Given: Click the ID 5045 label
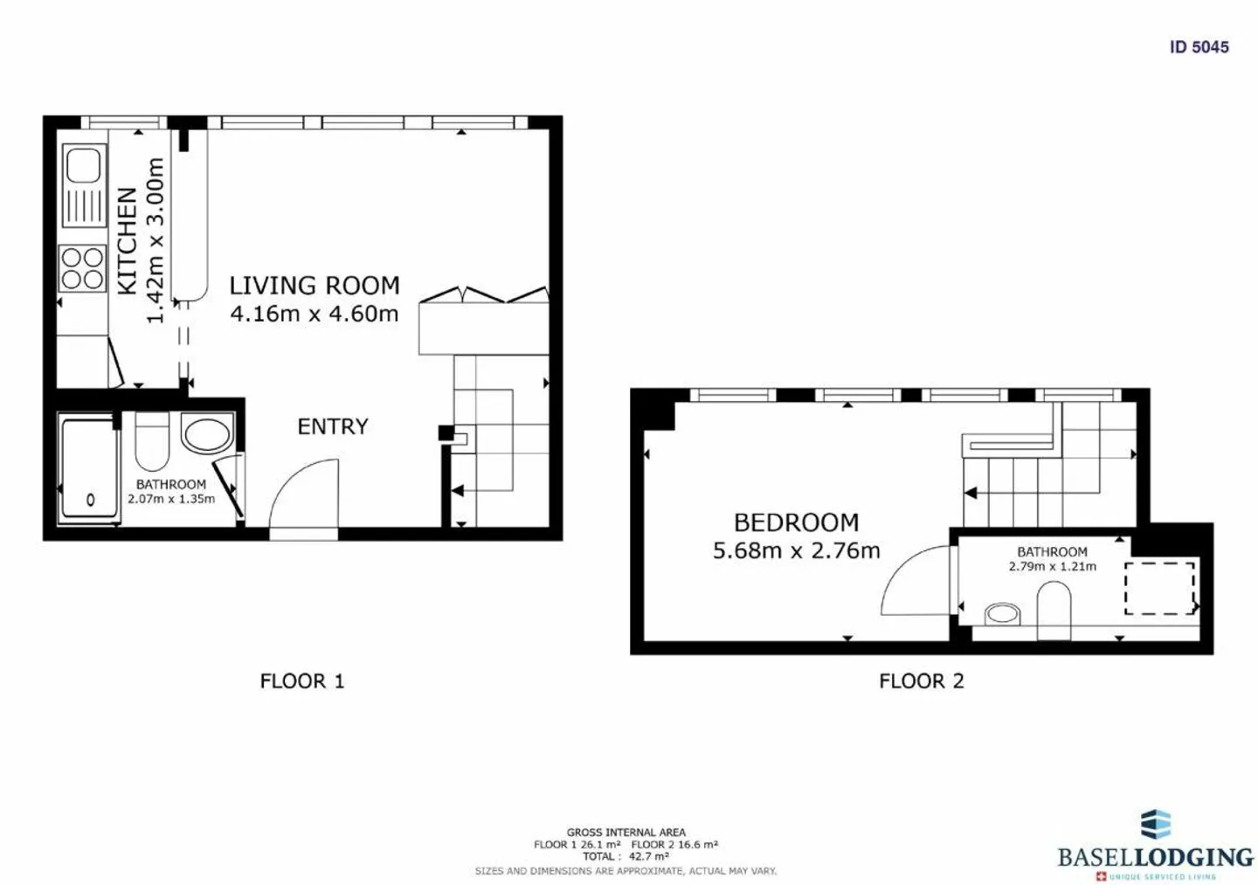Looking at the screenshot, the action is (1199, 47).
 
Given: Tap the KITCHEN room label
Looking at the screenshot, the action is (128, 241).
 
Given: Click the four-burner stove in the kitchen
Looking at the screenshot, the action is (82, 269).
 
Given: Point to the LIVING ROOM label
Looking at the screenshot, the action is (314, 286).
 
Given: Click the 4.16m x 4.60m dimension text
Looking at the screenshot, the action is (314, 314).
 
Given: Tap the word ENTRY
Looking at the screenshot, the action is (333, 427).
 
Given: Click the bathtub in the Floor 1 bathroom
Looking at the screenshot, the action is (89, 469).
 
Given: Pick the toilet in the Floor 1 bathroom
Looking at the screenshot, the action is (152, 441).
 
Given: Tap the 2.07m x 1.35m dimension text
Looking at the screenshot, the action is (171, 499).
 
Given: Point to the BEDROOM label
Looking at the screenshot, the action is (797, 522).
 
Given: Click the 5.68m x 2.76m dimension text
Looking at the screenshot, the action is (797, 551).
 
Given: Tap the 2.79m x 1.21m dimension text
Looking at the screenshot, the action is (1052, 567).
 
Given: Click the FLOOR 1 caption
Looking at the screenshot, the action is (302, 681).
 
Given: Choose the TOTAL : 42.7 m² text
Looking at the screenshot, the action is (626, 856).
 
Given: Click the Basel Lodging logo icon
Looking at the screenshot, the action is (1156, 825).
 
